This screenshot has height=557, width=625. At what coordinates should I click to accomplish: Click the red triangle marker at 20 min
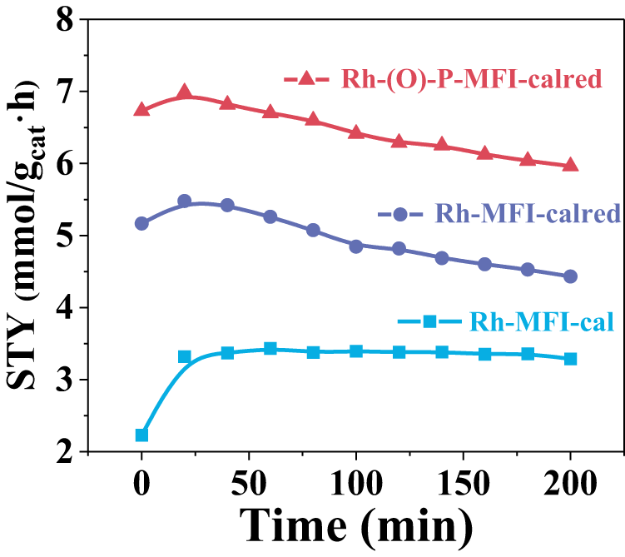coord(185,92)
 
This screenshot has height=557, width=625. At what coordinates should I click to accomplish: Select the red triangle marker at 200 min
coord(570,164)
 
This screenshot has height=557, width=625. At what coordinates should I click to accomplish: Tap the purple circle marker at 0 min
coord(141,223)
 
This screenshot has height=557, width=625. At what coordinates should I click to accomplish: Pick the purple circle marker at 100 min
coord(356,246)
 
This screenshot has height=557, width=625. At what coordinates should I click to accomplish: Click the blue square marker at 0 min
coord(141,435)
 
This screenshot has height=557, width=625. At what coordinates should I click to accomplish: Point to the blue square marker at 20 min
coord(185,356)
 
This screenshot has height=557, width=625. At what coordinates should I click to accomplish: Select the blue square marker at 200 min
coord(570,359)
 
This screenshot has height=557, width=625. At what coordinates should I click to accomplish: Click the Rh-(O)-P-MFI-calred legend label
coord(471,80)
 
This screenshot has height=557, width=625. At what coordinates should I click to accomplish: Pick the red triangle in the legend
coord(307,79)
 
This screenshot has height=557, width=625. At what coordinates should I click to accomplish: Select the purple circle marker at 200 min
coord(570,276)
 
